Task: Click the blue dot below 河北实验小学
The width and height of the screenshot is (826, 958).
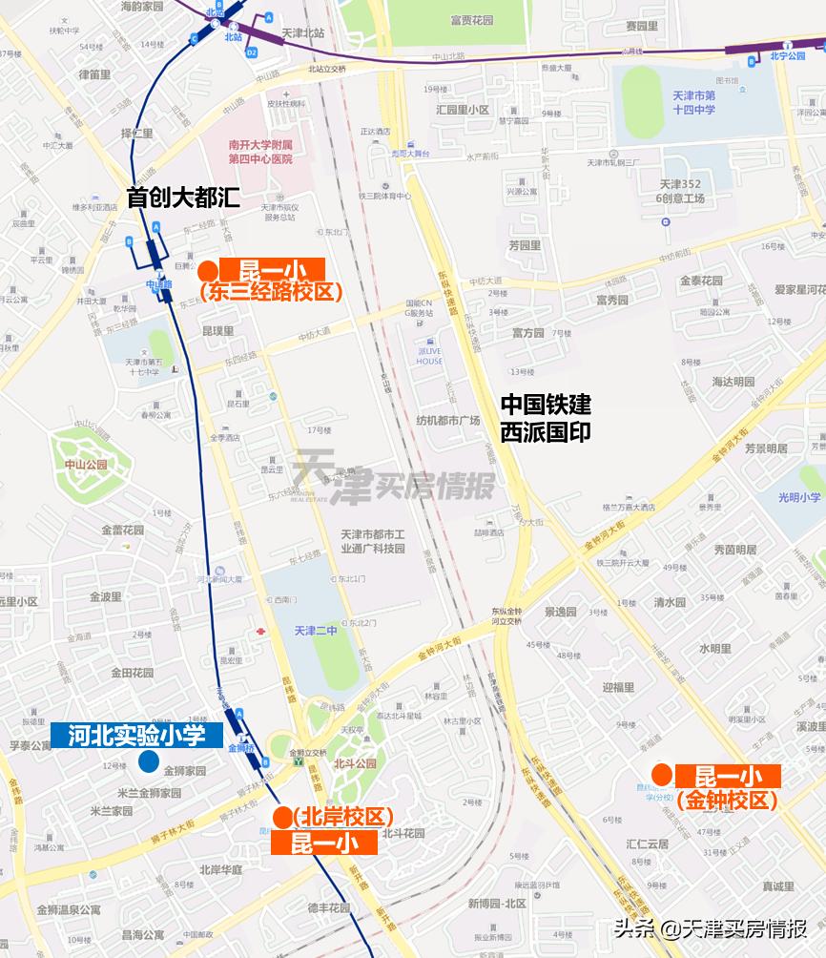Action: point(148,761)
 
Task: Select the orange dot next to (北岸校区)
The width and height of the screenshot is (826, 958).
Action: point(282,818)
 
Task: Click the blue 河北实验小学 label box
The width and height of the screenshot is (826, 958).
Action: point(136,735)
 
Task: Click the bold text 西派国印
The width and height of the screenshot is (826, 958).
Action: point(546,431)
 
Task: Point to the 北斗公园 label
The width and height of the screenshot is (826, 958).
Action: point(355,764)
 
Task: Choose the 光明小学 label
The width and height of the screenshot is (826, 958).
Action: point(798,497)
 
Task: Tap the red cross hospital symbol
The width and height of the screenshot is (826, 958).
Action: point(259,633)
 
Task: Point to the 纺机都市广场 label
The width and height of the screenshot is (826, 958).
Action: point(448,420)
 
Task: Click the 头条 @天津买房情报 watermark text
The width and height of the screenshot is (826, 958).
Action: point(711,928)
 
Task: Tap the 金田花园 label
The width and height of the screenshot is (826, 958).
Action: point(132,673)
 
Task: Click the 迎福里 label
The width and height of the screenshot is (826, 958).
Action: point(618,687)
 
